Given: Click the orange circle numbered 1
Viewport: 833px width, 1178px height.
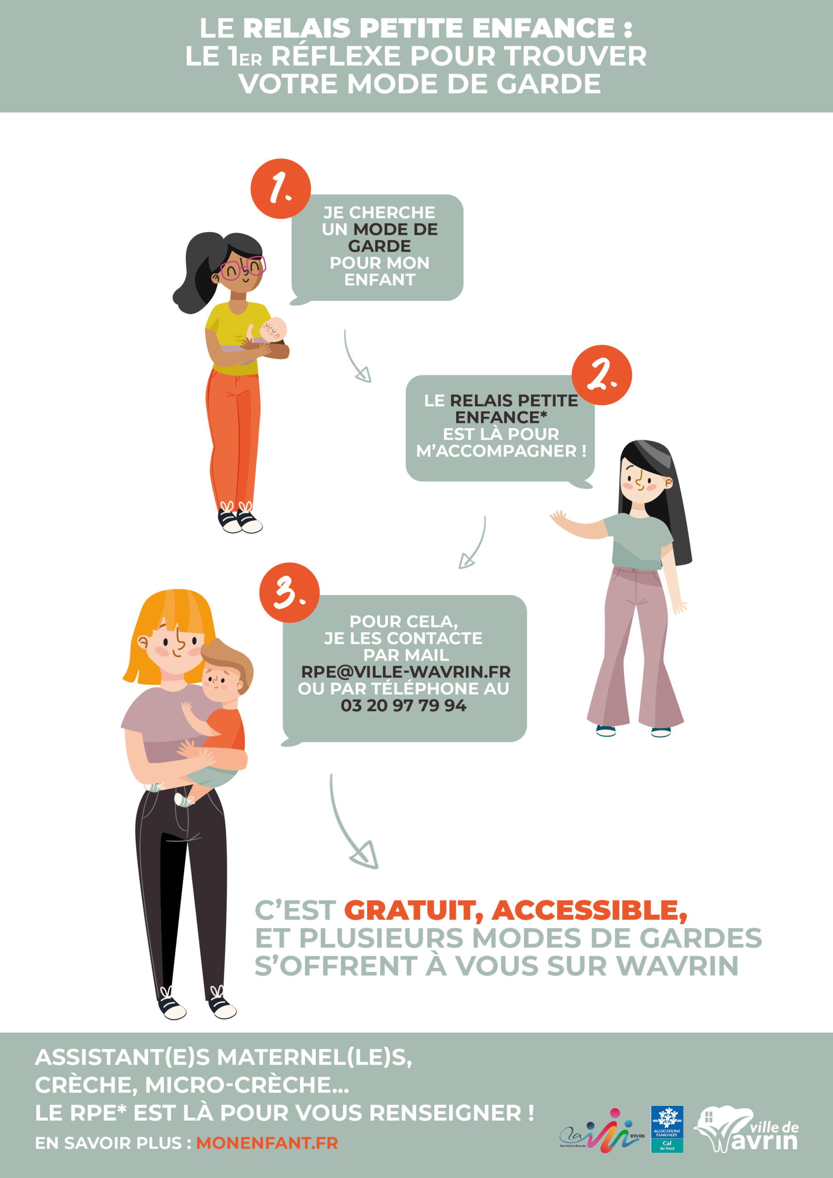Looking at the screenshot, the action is (x=281, y=189).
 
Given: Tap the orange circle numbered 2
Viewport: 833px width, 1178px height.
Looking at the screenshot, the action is (x=602, y=375).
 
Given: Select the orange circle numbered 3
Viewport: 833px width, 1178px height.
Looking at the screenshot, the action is (x=289, y=593).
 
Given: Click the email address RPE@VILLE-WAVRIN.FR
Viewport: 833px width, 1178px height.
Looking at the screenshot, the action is (x=405, y=672).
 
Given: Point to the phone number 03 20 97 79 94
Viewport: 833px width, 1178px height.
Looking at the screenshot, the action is (x=404, y=705).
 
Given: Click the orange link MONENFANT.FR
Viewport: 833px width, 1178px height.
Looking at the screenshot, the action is (x=267, y=1143).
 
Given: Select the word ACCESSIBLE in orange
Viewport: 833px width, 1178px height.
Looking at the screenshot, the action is (x=589, y=910).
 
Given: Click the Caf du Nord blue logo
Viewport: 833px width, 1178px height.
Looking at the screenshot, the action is (x=667, y=1129).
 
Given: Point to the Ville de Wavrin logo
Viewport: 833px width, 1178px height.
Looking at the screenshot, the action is (x=746, y=1130).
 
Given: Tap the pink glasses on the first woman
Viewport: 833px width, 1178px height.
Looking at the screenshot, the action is (x=243, y=268).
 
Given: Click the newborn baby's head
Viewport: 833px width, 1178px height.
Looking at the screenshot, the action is (x=273, y=329).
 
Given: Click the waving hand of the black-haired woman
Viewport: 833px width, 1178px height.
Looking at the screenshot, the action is (x=559, y=519).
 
